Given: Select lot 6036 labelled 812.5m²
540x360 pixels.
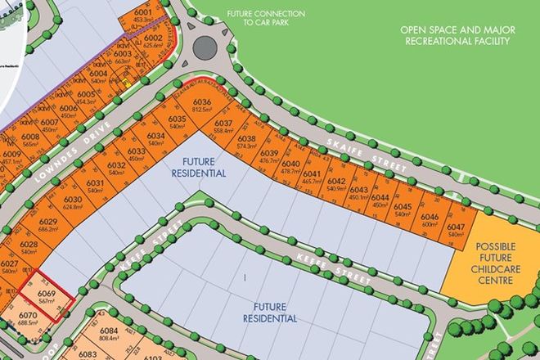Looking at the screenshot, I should point(202,106).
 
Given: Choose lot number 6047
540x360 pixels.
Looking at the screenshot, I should point(457,230).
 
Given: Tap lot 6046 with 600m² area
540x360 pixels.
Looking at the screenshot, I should point(431,220).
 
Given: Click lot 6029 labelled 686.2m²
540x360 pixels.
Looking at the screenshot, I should point(47,226).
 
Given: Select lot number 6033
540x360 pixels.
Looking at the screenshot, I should point(137,155).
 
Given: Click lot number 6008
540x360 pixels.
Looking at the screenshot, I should point(31,140).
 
